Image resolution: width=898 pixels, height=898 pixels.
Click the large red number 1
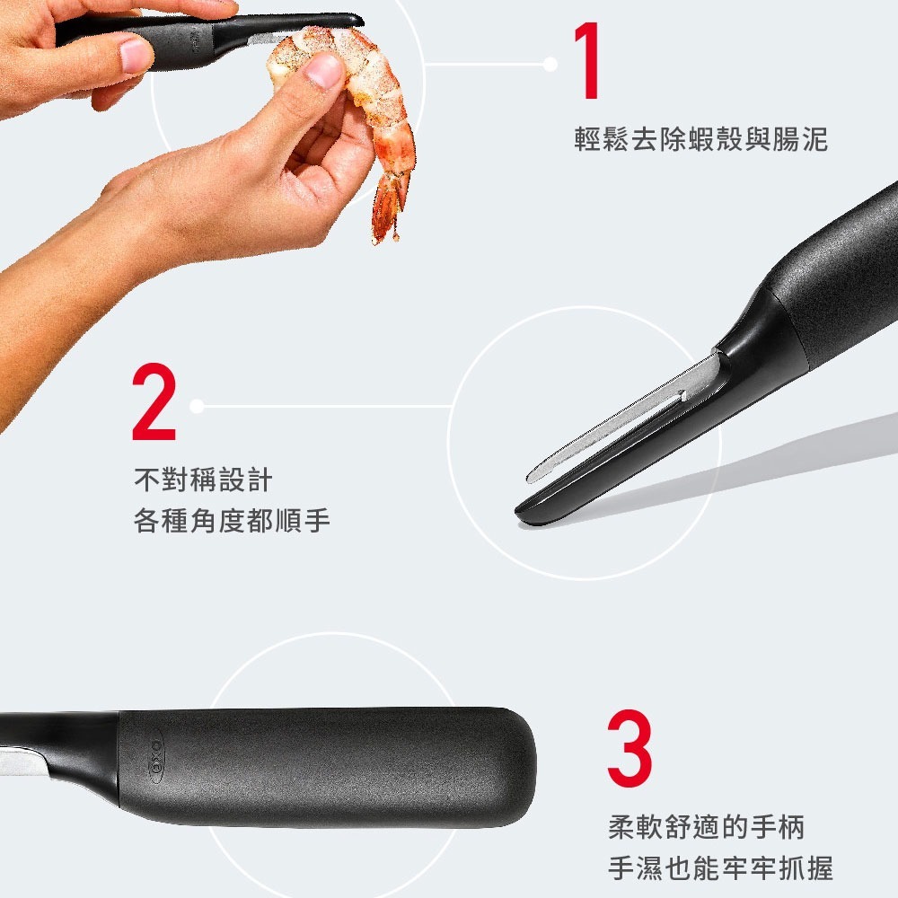pyautogui.click(x=589, y=63)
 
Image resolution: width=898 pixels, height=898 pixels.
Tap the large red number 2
pyautogui.click(x=154, y=403)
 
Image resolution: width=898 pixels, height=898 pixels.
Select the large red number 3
pyautogui.click(x=629, y=748)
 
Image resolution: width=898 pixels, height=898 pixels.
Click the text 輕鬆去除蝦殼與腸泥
pyautogui.click(x=700, y=140)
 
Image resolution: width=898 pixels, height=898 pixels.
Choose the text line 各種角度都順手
pyautogui.click(x=232, y=521)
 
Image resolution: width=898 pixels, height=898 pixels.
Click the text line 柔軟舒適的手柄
pyautogui.click(x=706, y=826)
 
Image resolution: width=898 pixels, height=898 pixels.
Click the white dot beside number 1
pyautogui.click(x=550, y=65)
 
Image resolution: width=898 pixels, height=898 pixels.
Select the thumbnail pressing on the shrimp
pyautogui.click(x=322, y=70)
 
